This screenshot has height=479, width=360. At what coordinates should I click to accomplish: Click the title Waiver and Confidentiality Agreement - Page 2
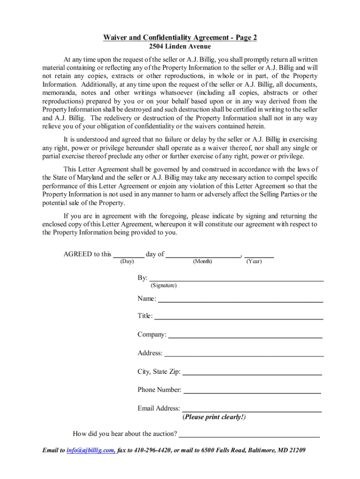[180, 38]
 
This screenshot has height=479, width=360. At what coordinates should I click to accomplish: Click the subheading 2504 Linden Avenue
[180, 46]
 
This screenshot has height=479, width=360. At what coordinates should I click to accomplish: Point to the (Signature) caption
[163, 285]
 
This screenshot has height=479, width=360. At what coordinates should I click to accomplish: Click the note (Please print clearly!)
[214, 417]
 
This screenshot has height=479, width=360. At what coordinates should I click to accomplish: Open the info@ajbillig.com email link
[91, 450]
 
